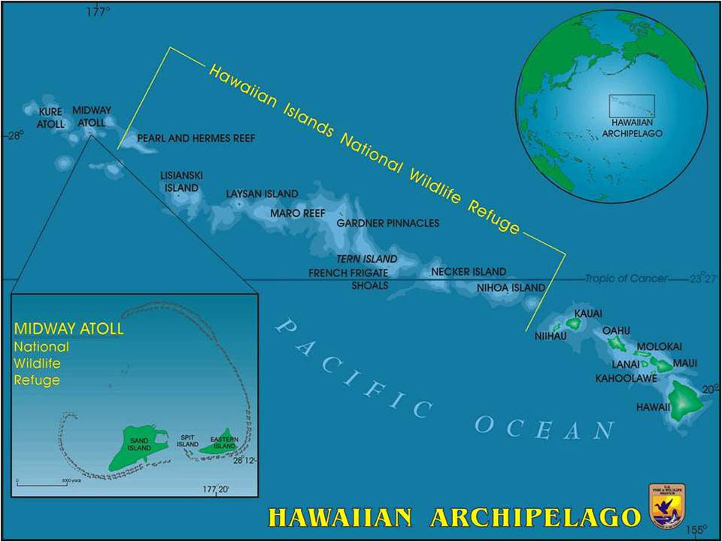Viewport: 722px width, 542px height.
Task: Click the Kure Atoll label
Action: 51,117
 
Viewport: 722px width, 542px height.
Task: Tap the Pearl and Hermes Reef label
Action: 196,139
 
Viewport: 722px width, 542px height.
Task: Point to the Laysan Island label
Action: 262,194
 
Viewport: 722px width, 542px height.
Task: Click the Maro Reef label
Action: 298,213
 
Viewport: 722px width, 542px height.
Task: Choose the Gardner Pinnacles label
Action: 388,224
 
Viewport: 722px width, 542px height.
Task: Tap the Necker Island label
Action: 469,272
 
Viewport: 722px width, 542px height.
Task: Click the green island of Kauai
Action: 575,324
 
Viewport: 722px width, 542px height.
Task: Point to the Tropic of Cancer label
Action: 626,279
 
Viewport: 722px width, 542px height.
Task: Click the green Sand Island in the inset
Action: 135,449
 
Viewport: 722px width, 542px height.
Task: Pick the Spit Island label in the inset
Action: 187,441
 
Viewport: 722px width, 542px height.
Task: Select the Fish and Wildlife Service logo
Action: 666,505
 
